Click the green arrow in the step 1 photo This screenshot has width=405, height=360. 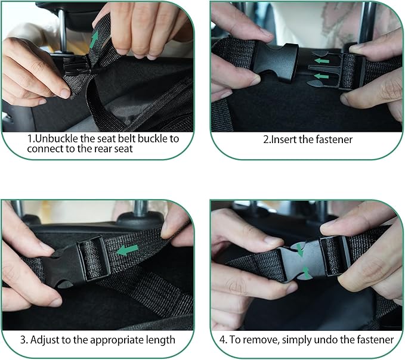coord(94,40)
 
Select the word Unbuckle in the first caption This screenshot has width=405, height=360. coord(55,138)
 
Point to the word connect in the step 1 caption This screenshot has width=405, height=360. coord(45,149)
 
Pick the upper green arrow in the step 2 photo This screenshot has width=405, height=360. coord(321,60)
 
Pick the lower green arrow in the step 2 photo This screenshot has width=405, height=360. coord(321,76)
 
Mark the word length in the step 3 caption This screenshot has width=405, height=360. coord(160,340)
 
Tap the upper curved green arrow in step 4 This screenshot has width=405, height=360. coord(299,251)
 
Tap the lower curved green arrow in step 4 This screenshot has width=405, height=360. coord(305,274)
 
